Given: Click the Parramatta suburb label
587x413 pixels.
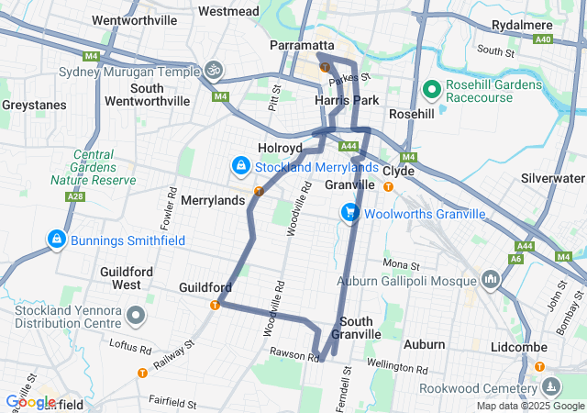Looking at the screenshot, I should pyautogui.click(x=299, y=45).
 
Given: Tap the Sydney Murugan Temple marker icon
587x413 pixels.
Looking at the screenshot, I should pyautogui.click(x=214, y=70).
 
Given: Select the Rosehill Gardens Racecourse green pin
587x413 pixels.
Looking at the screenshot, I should pyautogui.click(x=432, y=89).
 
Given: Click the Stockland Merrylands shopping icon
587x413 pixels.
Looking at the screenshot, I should pyautogui.click(x=240, y=166).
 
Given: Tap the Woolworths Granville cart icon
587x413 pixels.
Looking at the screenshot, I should pyautogui.click(x=349, y=213).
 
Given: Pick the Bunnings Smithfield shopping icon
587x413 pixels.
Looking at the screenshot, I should pyautogui.click(x=57, y=240).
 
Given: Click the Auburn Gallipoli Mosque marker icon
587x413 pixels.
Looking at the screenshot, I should pyautogui.click(x=490, y=278).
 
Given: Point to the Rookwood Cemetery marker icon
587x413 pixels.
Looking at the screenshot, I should pyautogui.click(x=550, y=386).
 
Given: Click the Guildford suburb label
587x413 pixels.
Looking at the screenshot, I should pyautogui.click(x=205, y=287).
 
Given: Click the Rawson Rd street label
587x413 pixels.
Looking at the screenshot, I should pyautogui.click(x=291, y=352).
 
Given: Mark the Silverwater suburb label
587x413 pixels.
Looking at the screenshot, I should pyautogui.click(x=552, y=178).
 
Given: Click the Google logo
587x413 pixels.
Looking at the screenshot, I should pyautogui.click(x=30, y=401).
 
